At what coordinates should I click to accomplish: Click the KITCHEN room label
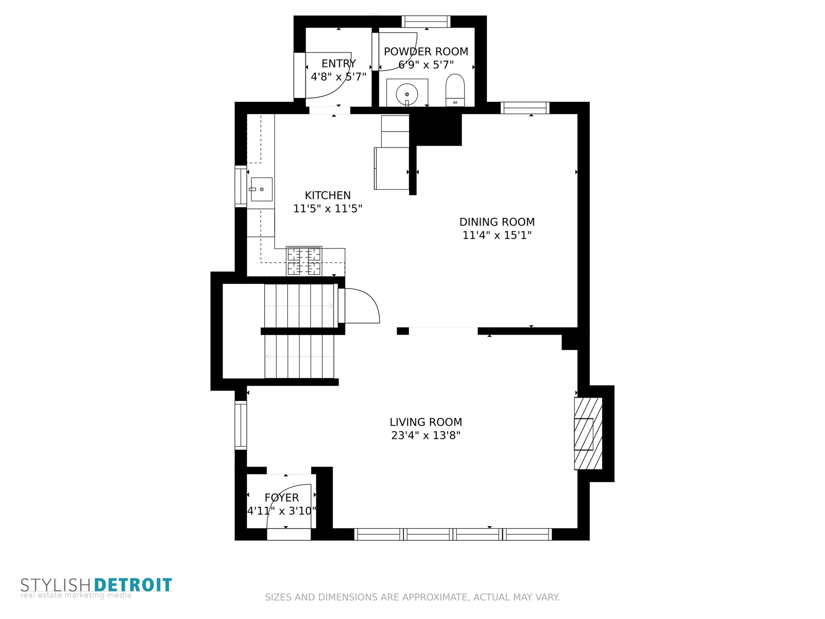[327, 196]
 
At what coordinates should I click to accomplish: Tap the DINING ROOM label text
[497, 222]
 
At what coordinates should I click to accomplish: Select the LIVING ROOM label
[426, 422]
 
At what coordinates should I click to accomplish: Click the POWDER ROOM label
[426, 52]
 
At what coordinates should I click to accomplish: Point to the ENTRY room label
[339, 64]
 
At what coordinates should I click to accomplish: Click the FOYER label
[281, 498]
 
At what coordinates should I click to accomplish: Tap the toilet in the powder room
[455, 90]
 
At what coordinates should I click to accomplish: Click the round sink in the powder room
[407, 94]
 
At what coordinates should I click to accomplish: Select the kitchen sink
[261, 189]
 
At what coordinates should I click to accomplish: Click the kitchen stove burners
[304, 261]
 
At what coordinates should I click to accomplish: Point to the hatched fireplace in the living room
[588, 434]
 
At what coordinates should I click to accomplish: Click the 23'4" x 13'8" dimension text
[426, 435]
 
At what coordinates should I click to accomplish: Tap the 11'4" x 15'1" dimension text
[497, 236]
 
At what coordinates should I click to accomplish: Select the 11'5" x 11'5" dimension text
[327, 209]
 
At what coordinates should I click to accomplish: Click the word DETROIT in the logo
[133, 585]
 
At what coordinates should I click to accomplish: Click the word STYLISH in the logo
[55, 585]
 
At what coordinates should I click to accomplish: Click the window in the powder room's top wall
[426, 21]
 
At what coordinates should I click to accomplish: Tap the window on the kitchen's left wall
[241, 186]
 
